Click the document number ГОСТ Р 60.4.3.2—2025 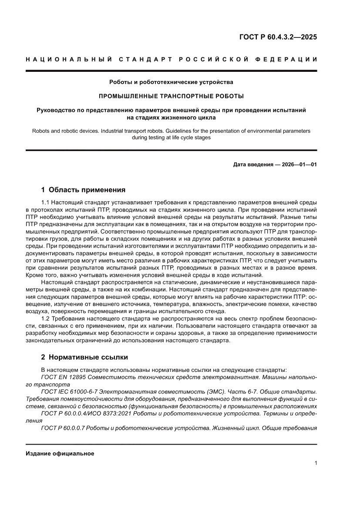(x=278, y=37)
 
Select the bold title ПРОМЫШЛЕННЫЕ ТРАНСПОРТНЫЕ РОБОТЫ (x=171, y=96)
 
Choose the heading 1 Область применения (x=83, y=190)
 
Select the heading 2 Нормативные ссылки (x=84, y=357)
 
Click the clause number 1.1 (x=46, y=202)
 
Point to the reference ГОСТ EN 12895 (x=63, y=378)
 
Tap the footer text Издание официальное (x=60, y=454)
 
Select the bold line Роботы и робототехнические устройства (x=171, y=82)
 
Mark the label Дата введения (x=250, y=165)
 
